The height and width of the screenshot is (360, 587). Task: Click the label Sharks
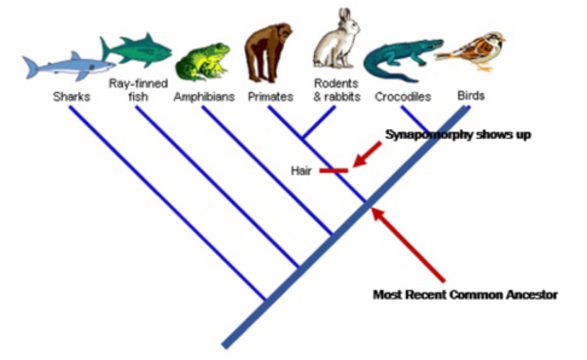[x=71, y=97]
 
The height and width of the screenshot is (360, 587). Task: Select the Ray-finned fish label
[x=138, y=90]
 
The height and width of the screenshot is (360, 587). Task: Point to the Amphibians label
[x=204, y=97]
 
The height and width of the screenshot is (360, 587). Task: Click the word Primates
[x=270, y=97]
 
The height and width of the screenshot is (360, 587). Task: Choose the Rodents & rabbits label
[x=337, y=90]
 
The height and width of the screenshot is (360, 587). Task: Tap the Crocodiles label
[x=403, y=97]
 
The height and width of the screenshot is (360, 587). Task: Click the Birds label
[x=471, y=96]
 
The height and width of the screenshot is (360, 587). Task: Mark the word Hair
[x=301, y=171]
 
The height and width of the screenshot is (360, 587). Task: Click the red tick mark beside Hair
[x=334, y=170]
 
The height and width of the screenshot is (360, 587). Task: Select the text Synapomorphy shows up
[x=458, y=135]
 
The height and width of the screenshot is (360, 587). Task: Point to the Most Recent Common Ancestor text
[x=465, y=294]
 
